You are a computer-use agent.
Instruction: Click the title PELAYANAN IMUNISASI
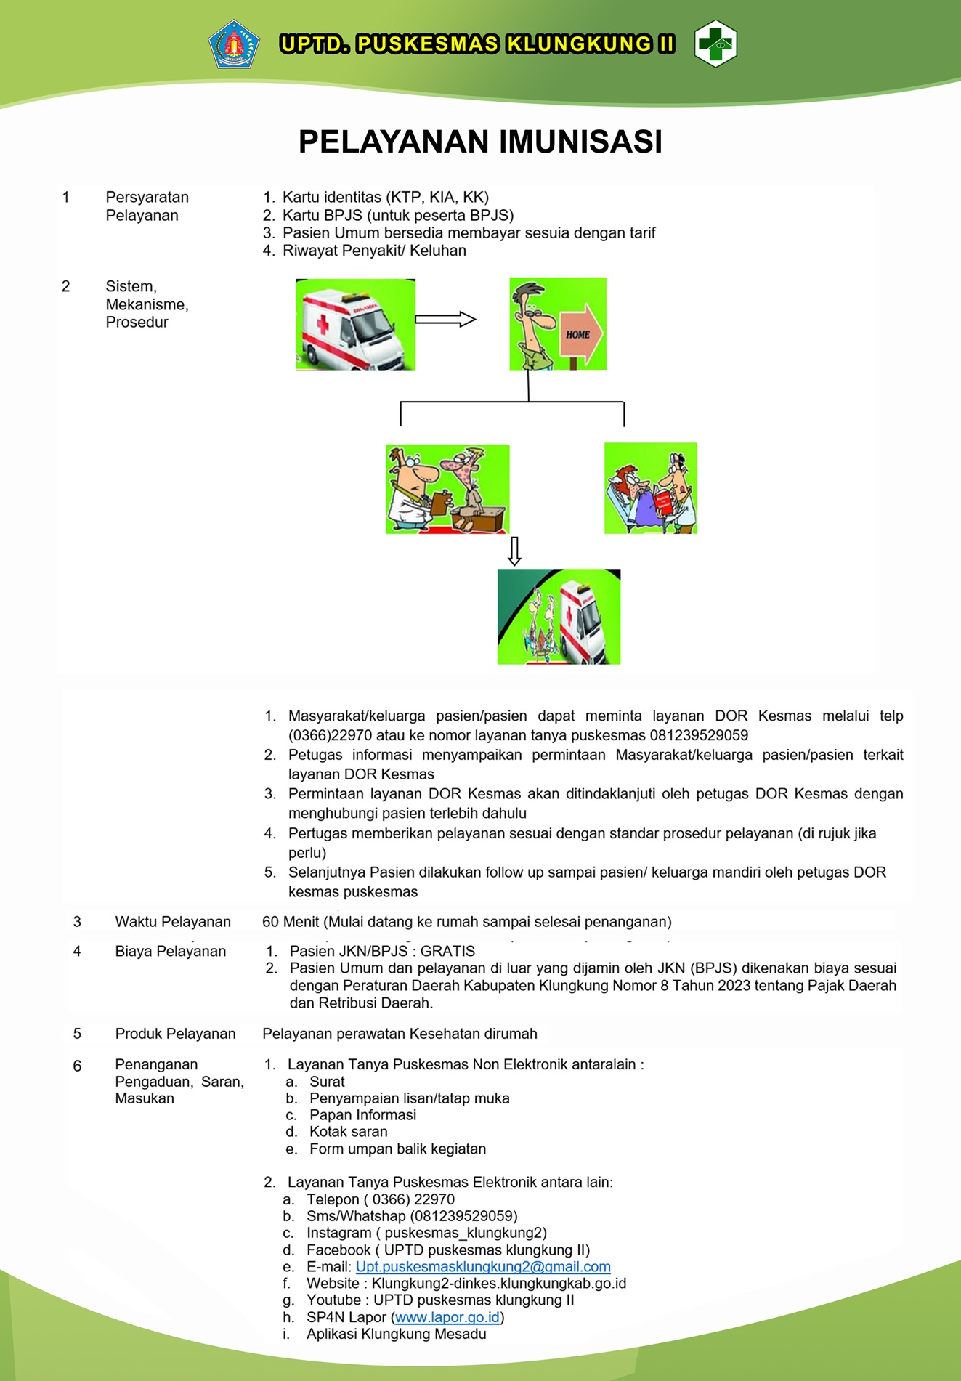click(x=480, y=142)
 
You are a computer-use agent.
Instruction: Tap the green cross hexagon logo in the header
click(x=715, y=44)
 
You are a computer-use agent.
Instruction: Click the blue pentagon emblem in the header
click(x=234, y=44)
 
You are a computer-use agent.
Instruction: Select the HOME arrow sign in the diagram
click(x=580, y=334)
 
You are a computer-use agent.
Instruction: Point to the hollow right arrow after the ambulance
click(x=445, y=319)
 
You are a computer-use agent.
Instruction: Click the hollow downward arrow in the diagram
click(x=514, y=551)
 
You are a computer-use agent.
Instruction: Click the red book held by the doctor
click(x=662, y=503)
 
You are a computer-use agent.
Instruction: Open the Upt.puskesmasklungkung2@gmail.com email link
click(x=483, y=1267)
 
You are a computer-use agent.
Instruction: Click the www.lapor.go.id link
click(x=447, y=1317)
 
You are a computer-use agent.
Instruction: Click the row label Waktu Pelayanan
click(x=173, y=922)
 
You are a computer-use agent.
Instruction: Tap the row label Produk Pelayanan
click(x=175, y=1034)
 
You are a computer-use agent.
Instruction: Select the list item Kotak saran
click(x=348, y=1132)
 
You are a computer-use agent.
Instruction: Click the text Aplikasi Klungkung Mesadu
click(x=396, y=1334)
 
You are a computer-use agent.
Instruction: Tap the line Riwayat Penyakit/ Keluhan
click(x=374, y=251)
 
